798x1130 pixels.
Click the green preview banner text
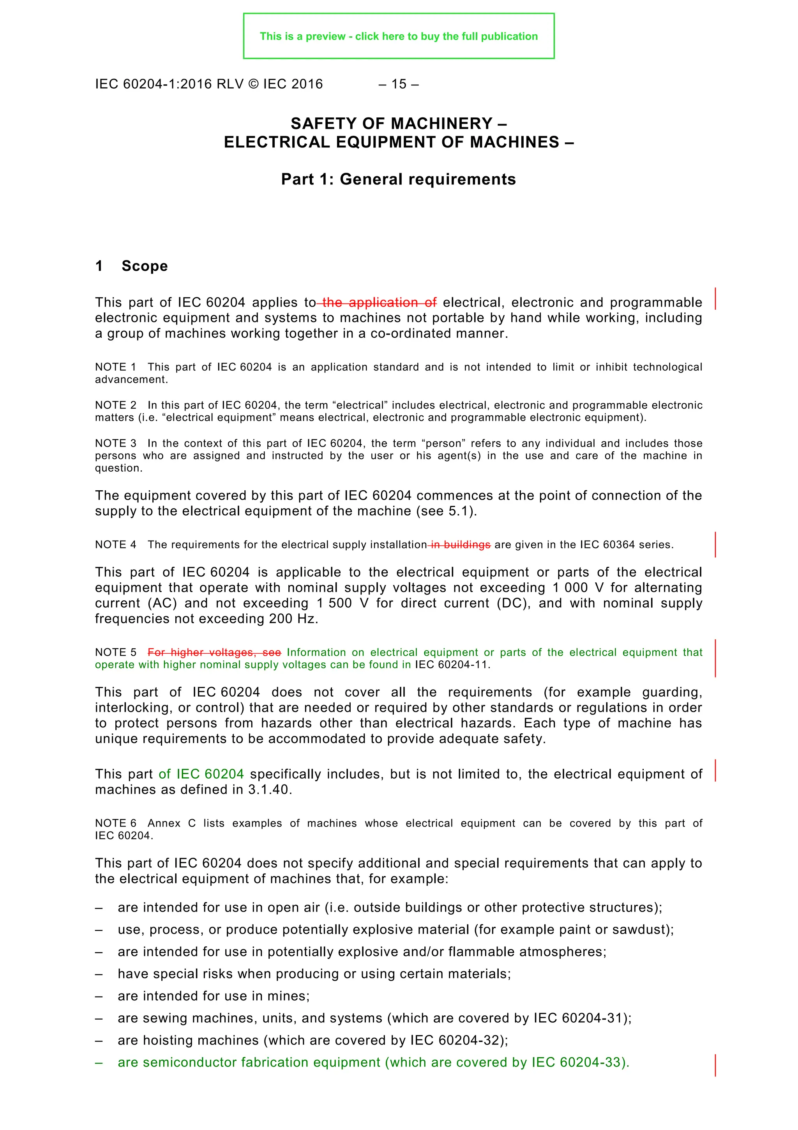[398, 36]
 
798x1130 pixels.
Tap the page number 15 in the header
[399, 84]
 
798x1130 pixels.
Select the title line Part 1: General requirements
[398, 179]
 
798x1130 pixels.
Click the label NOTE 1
[116, 367]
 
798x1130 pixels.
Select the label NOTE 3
[116, 443]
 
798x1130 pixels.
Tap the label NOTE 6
[116, 823]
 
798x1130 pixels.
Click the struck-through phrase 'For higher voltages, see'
[214, 652]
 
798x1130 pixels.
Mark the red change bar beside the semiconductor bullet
[715, 1065]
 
